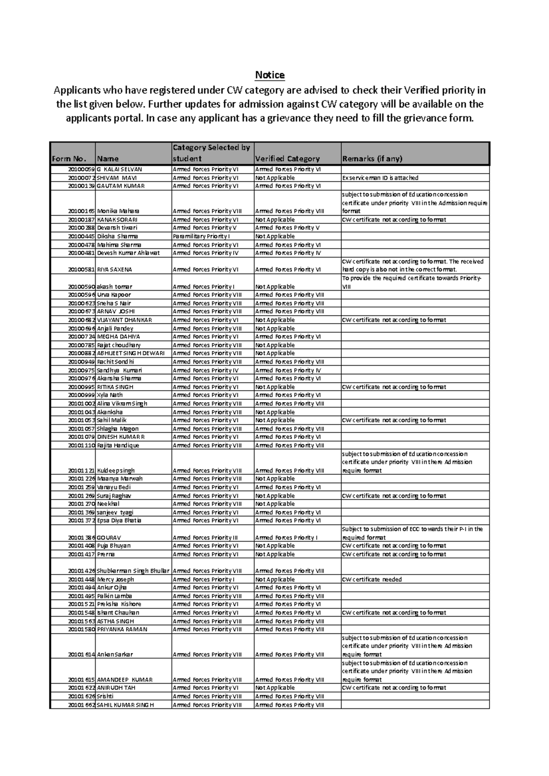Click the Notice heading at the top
[270, 75]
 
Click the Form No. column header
[69, 159]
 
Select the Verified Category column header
[287, 159]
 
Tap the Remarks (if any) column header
[372, 159]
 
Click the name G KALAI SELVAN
[119, 169]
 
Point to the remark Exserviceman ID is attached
[380, 178]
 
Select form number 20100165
[81, 211]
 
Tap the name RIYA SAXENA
[114, 270]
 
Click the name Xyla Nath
[109, 395]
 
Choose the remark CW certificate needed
[371, 579]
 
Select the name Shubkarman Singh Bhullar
[133, 571]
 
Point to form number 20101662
[81, 705]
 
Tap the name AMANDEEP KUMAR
[124, 680]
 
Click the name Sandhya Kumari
[119, 370]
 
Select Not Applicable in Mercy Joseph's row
[274, 579]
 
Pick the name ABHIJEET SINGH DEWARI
[130, 353]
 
